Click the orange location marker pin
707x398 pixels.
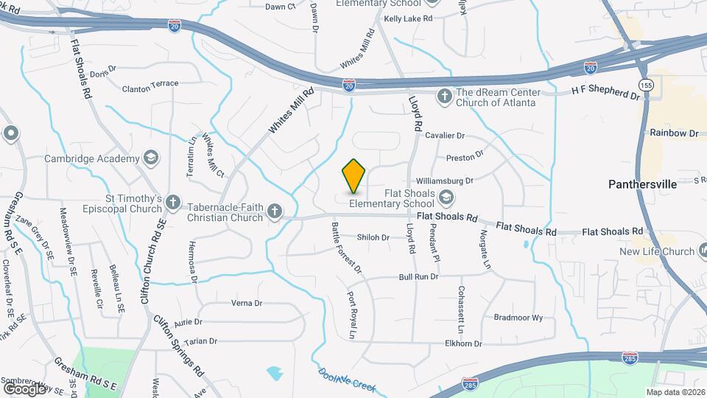(x=354, y=175)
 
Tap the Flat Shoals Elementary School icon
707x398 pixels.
(x=446, y=197)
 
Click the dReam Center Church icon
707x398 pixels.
(x=444, y=96)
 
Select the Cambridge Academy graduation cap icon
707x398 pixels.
(x=151, y=158)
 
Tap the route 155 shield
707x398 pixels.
(x=646, y=85)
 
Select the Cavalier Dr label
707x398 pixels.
(x=445, y=136)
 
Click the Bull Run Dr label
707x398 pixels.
(x=418, y=277)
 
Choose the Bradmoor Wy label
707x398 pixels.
(x=518, y=318)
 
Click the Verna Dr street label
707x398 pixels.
(x=247, y=303)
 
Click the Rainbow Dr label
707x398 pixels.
(x=673, y=133)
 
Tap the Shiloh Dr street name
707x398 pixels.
(x=373, y=237)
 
